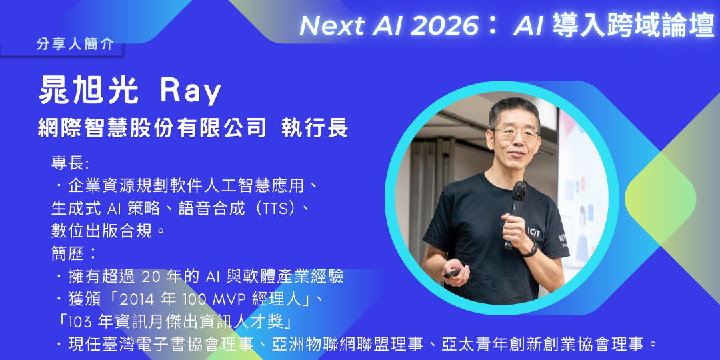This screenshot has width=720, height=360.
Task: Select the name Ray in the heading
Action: coord(190,92)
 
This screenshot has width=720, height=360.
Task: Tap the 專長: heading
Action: coord(69,163)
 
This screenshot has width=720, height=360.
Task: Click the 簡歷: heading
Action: coord(74,253)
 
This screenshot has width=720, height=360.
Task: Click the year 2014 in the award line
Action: coord(140,299)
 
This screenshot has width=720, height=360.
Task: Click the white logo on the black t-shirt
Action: coord(535,231)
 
